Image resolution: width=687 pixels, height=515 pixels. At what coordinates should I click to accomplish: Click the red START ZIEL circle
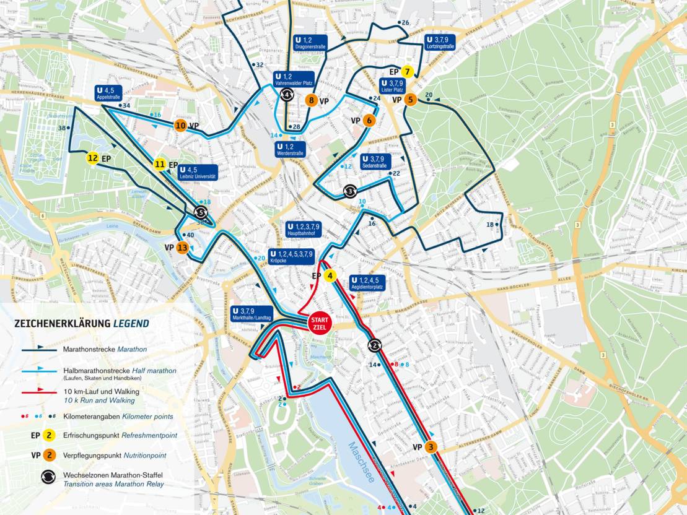click(x=320, y=322)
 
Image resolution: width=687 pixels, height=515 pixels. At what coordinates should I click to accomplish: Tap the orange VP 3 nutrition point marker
click(x=432, y=446)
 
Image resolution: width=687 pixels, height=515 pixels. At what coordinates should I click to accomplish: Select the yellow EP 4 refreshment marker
click(x=330, y=276)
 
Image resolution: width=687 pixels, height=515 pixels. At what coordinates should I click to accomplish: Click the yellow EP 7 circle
click(x=407, y=72)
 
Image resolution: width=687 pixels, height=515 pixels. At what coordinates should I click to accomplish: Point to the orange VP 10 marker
click(x=180, y=126)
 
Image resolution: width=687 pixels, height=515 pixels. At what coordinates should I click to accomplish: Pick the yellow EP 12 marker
click(x=92, y=158)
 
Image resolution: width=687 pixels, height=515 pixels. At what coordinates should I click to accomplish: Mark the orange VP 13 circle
click(x=182, y=248)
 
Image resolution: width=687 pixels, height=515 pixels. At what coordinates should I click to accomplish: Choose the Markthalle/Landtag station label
click(x=252, y=314)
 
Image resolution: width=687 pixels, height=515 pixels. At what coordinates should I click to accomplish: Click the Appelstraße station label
click(x=108, y=93)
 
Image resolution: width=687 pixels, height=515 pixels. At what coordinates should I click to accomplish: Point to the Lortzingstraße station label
click(x=441, y=43)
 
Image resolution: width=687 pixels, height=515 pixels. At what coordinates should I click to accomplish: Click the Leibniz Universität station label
click(x=197, y=173)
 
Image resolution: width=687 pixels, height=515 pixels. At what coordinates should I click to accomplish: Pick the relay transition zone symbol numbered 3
click(x=350, y=191)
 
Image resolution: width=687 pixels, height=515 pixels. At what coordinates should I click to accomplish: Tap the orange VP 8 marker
click(x=312, y=100)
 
